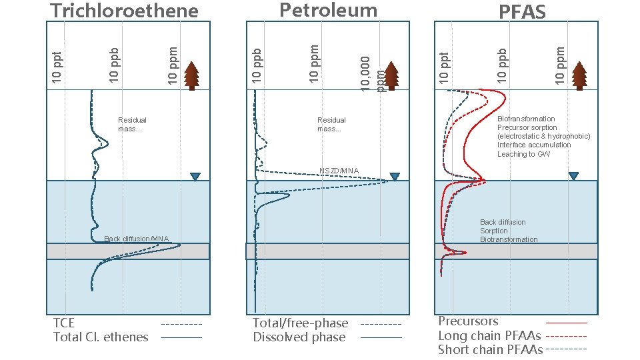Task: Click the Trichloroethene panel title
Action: coord(125,11)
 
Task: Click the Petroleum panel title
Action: coord(328,10)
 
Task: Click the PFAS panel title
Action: coord(522,11)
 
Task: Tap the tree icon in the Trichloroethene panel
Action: coord(192,75)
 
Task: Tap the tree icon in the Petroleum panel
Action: coord(391,75)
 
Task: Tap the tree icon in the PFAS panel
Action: coord(579,75)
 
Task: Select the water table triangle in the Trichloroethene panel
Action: coord(195,177)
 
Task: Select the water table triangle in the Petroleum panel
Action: coord(395,177)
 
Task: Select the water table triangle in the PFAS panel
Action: coord(573,176)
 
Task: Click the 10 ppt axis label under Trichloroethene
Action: coord(57,68)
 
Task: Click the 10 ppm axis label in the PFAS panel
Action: coord(561,64)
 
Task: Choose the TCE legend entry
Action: coord(64,323)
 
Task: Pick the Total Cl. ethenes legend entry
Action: coord(101,337)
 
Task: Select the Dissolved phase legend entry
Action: coord(299,337)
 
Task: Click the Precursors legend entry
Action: coord(468,321)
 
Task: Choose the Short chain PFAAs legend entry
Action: coord(490,349)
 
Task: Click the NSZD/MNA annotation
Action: coord(339,171)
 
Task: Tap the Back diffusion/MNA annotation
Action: coord(137,239)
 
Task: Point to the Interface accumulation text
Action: coord(534,145)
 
